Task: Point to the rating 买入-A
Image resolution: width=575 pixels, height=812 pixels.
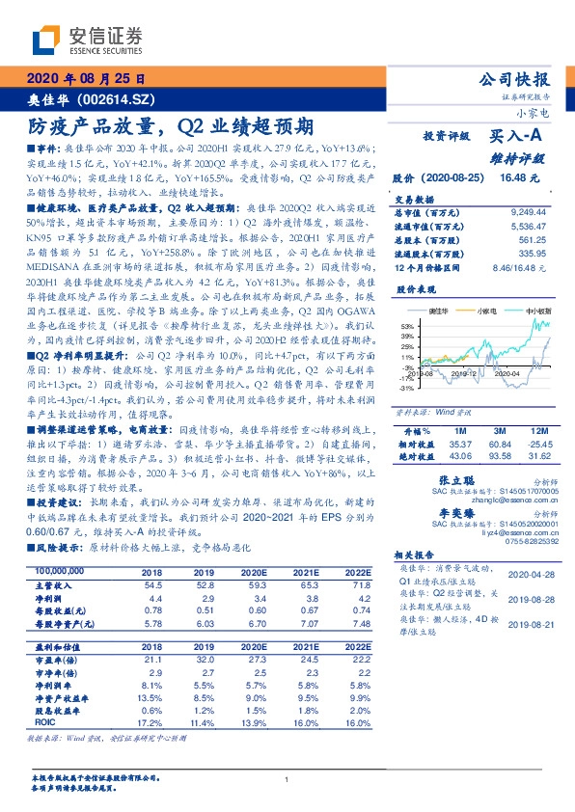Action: click(519, 138)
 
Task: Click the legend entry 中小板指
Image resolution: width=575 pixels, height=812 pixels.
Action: click(537, 312)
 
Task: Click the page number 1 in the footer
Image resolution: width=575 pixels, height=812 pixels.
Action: click(287, 779)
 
